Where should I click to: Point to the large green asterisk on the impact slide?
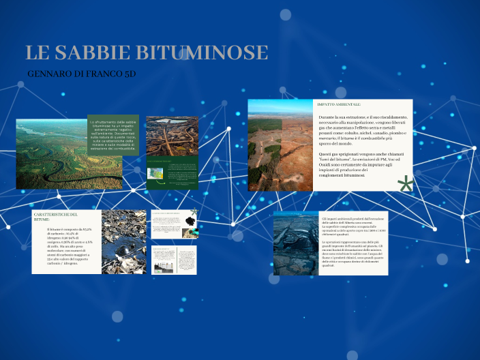click(x=406, y=184)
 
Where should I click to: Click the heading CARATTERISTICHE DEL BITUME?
click(x=56, y=217)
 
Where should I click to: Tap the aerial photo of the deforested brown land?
click(x=280, y=145)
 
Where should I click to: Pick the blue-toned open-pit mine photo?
click(x=297, y=243)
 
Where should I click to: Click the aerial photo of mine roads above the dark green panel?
click(x=172, y=134)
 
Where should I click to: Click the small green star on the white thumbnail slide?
click(x=194, y=213)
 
